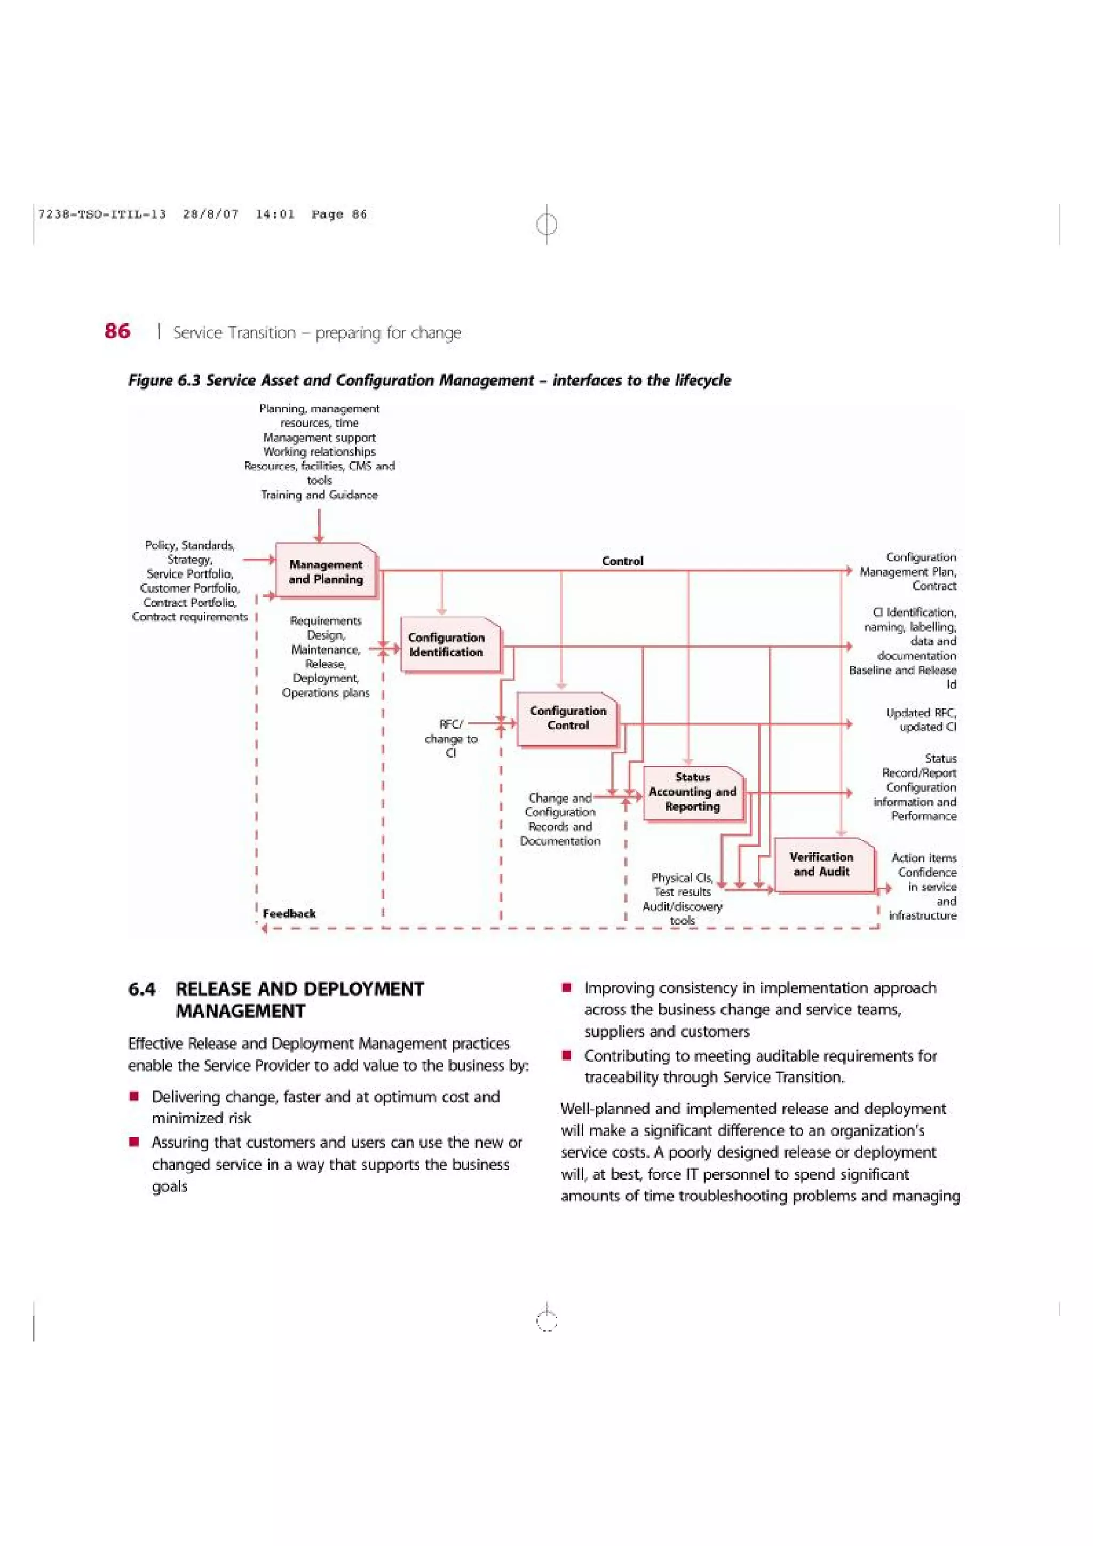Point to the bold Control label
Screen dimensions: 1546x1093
click(622, 561)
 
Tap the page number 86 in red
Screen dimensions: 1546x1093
click(117, 331)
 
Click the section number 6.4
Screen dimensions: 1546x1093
click(141, 989)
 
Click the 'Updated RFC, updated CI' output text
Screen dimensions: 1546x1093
click(921, 719)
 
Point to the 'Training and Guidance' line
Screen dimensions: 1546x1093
click(319, 495)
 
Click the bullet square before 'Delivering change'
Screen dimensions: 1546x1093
click(134, 1097)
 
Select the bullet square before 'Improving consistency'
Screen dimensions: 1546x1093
click(567, 989)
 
